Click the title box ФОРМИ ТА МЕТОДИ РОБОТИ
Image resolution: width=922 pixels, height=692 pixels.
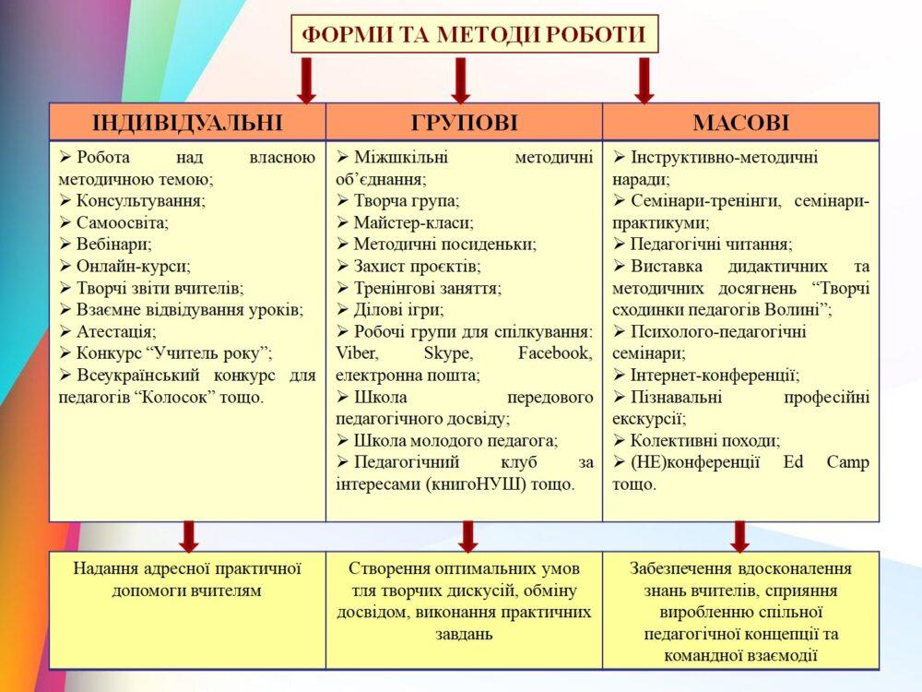pyautogui.click(x=475, y=35)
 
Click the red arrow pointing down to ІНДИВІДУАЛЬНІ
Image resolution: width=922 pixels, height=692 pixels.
pyautogui.click(x=307, y=79)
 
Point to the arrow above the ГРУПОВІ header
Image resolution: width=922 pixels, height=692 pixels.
pyautogui.click(x=462, y=79)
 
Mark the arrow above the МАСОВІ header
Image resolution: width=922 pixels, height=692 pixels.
pyautogui.click(x=644, y=79)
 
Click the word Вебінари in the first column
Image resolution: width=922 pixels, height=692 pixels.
pyautogui.click(x=113, y=245)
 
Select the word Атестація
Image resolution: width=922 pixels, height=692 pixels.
pyautogui.click(x=116, y=330)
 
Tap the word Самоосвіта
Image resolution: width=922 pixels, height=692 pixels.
pyautogui.click(x=123, y=222)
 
